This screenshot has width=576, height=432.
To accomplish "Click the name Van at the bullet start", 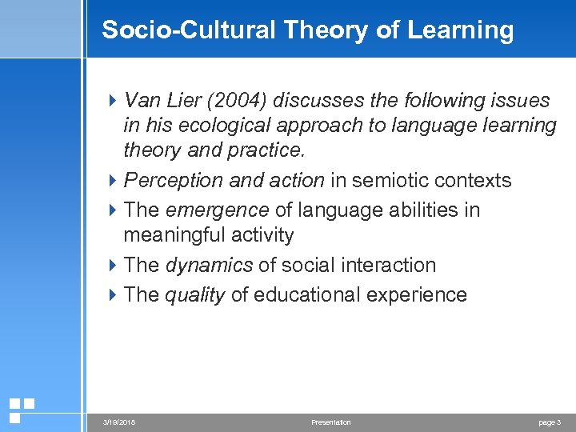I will click(142, 101).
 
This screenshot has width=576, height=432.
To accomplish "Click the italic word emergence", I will click(217, 210).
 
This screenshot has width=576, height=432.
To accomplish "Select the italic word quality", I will click(194, 295).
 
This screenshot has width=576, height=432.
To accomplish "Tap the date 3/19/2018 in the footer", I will click(119, 422).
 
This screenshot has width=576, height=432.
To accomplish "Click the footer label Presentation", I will click(330, 422).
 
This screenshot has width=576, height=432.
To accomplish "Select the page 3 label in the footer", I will click(548, 422).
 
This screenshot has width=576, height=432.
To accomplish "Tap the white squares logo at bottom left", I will click(21, 410).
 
